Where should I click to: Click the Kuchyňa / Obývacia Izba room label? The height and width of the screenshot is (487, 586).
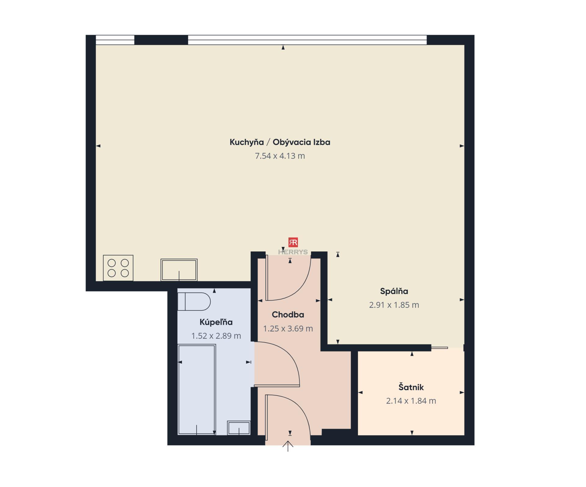tap(280, 142)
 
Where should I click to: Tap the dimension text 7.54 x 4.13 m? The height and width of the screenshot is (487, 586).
tap(280, 156)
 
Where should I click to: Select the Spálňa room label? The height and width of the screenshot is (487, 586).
tap(394, 291)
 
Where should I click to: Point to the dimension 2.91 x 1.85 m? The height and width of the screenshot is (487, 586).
tap(394, 305)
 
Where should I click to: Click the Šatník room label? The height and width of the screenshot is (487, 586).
tap(411, 387)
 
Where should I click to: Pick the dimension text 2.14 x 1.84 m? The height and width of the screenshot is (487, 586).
tap(411, 401)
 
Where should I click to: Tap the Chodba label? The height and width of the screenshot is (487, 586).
tap(288, 315)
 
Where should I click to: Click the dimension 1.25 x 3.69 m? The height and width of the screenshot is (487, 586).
tap(288, 329)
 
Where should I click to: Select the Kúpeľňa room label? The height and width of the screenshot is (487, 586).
tap(216, 322)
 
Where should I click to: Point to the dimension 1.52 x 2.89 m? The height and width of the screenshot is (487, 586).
tap(216, 336)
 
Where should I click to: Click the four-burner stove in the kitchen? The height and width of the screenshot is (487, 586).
tap(118, 268)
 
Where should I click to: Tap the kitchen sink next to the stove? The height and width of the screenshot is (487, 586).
tap(179, 270)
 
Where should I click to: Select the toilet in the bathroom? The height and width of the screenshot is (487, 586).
tap(194, 302)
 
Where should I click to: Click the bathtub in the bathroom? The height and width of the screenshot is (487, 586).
tap(197, 390)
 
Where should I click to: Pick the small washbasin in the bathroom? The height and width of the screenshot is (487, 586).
tap(239, 428)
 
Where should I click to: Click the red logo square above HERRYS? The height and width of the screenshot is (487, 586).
tap(293, 243)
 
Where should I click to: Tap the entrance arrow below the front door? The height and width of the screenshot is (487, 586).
tap(288, 446)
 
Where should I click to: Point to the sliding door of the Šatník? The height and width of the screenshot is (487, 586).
tap(440, 348)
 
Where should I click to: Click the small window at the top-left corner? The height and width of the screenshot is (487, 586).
tap(115, 40)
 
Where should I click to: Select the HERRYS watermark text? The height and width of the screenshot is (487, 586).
tap(293, 252)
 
